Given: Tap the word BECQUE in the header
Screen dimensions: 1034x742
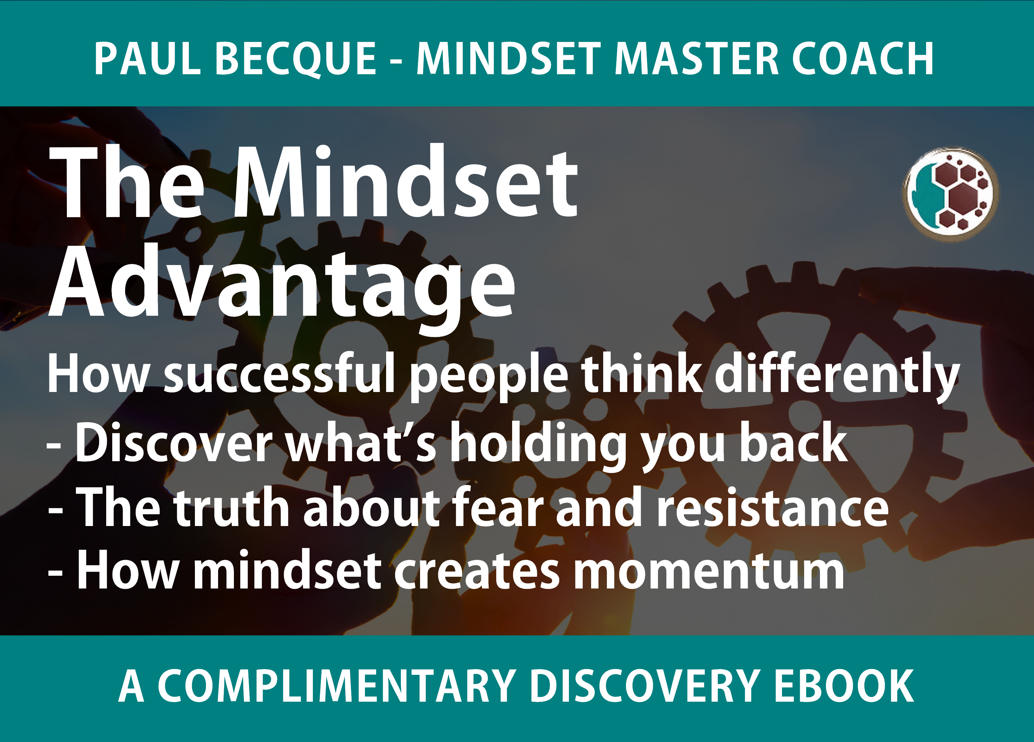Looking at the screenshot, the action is tap(296, 59).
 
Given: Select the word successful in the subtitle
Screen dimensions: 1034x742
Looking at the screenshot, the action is tap(279, 374).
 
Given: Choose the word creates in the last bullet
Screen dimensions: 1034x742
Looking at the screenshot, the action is tap(477, 572).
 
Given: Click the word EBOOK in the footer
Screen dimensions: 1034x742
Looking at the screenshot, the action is tap(844, 686).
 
